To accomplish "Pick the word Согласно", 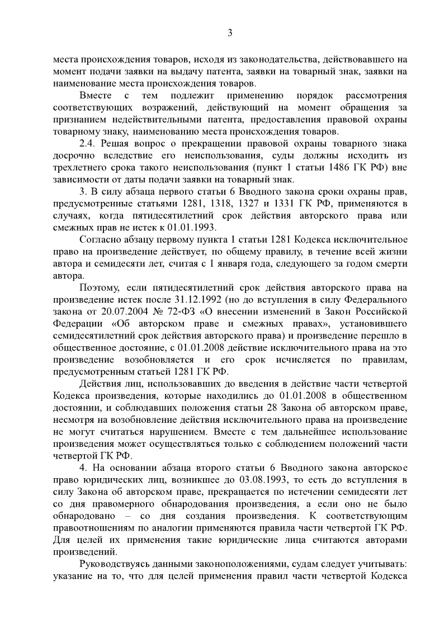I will tap(101, 239).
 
